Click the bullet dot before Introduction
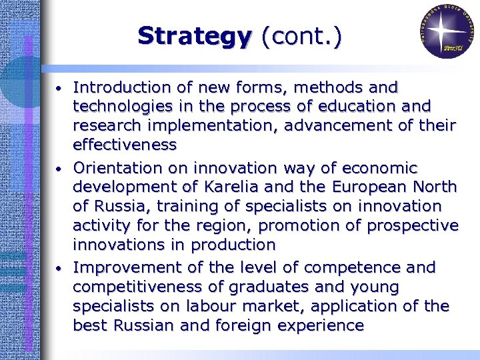(x=59, y=89)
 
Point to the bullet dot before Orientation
(x=59, y=169)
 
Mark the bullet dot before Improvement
(x=59, y=269)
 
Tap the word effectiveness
(x=125, y=145)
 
